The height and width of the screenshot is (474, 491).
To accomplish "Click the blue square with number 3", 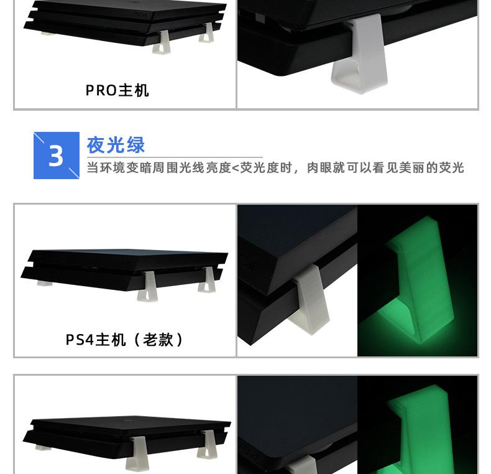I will pos(57,156).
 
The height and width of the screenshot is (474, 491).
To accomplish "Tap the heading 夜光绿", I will pos(116,145).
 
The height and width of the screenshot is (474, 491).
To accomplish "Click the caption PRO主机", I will pos(117,91).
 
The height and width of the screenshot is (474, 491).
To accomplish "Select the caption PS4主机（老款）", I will pos(125,340).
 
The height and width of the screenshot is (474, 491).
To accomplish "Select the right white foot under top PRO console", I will pos(206,36).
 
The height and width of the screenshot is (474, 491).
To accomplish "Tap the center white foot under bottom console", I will pos(137,454).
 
